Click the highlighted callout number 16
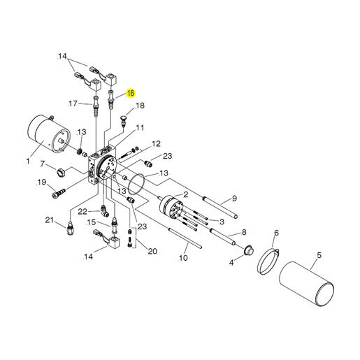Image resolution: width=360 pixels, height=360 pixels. [x=131, y=93]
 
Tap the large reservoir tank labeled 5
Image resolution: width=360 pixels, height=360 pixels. [x=306, y=283]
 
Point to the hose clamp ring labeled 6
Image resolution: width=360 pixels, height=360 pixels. [x=268, y=261]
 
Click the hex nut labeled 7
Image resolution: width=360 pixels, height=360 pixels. [x=61, y=173]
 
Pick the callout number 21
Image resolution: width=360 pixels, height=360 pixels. [x=49, y=219]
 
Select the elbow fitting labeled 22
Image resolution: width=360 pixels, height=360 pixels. [x=104, y=210]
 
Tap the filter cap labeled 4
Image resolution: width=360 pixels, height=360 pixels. [x=249, y=251]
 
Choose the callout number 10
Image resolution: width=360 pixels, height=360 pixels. [x=183, y=258]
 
